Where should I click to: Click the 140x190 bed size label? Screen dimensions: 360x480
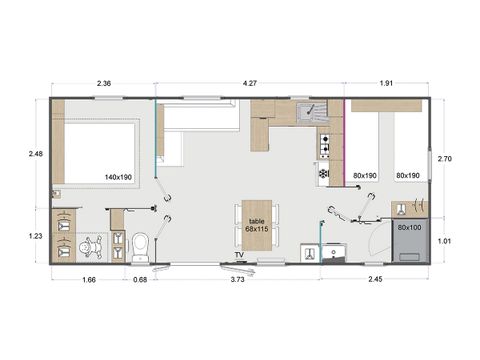point(119,176)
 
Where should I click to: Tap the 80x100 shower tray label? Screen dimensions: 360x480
point(409,228)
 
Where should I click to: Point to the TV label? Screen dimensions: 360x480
point(239,256)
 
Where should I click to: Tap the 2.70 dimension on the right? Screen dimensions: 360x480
point(447,157)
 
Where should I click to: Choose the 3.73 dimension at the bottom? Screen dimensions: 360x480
point(238,279)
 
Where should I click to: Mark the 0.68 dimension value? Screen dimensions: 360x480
point(140,279)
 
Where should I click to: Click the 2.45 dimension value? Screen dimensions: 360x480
point(374,279)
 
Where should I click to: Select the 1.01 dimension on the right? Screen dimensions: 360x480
point(447,240)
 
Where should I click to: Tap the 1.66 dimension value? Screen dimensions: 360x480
point(88,279)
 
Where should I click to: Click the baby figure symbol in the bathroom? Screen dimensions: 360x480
point(91,246)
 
